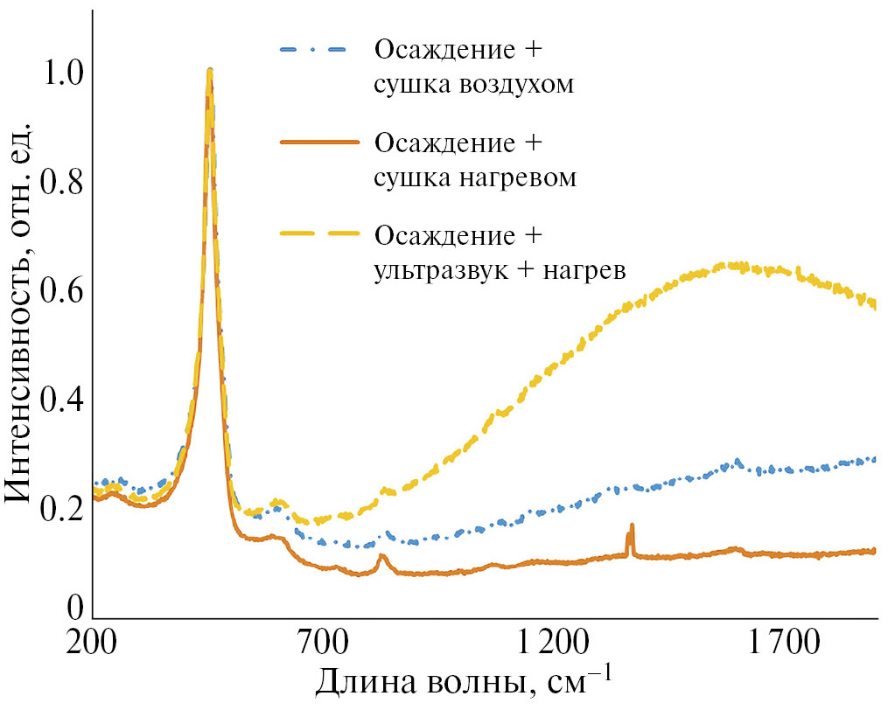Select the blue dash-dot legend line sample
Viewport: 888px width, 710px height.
(x=311, y=48)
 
